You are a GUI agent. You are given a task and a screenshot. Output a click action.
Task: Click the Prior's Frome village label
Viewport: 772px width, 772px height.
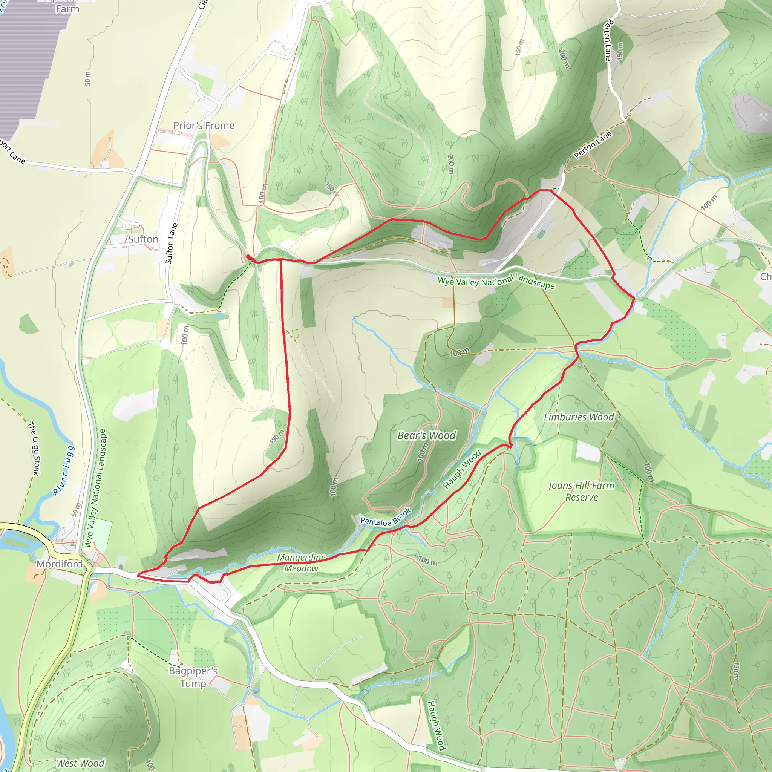tap(204, 126)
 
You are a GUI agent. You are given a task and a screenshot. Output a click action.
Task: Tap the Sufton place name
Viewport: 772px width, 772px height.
tap(143, 239)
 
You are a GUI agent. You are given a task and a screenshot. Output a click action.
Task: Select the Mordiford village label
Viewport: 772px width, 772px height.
tap(60, 564)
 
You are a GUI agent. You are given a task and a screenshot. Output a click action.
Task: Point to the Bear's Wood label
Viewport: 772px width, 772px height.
tap(426, 435)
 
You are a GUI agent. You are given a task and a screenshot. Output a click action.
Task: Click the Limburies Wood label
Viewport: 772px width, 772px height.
tap(579, 417)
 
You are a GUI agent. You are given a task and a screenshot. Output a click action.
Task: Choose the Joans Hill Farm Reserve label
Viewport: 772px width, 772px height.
tap(581, 492)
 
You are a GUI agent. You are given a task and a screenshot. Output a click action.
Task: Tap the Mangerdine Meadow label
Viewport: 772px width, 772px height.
tap(301, 563)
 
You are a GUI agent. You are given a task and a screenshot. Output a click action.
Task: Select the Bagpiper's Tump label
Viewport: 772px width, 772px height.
tap(193, 677)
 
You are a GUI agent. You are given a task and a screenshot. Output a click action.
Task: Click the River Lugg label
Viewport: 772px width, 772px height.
tap(64, 470)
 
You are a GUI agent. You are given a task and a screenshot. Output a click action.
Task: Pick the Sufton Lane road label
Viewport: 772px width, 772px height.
tap(171, 244)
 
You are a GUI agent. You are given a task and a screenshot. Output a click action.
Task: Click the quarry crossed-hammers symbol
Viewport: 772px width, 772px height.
tap(764, 117)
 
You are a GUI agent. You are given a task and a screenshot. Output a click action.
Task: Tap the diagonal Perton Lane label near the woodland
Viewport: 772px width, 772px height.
tap(593, 145)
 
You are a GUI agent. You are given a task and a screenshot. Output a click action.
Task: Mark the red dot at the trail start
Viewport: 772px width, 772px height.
tap(248, 257)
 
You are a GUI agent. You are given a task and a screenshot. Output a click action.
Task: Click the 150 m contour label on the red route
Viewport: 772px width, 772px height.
tap(277, 437)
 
